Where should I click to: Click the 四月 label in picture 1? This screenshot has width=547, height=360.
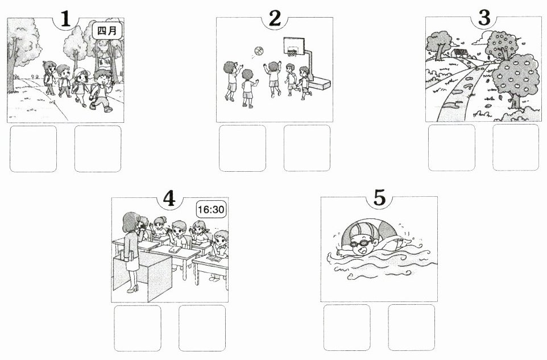coord(107,31)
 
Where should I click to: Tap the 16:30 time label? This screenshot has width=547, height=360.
coord(211,210)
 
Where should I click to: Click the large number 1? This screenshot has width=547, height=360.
coord(65,19)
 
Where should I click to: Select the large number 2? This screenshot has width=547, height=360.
coord(275,19)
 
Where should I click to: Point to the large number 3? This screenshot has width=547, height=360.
coord(484,18)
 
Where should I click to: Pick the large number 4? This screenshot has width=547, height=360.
coord(169,199)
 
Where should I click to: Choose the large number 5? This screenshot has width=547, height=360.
coord(380,198)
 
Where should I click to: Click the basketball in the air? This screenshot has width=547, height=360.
coord(259,51)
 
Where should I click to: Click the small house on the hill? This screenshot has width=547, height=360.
coord(460,52)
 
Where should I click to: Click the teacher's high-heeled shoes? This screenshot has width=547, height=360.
coord(132,289)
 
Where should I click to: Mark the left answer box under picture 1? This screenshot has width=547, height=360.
coord(33,149)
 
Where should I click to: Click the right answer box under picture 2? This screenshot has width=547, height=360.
coord(307,148)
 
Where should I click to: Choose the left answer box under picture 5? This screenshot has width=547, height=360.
coord(347,328)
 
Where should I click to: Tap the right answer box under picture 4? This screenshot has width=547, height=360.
coord(202,328)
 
